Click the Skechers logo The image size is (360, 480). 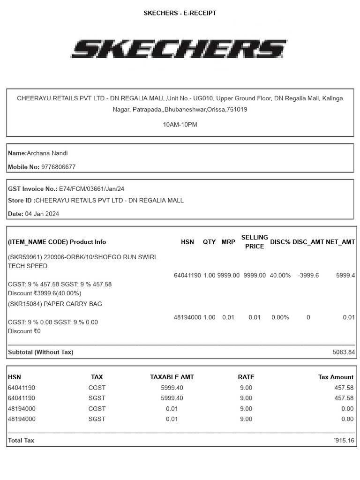[180, 49]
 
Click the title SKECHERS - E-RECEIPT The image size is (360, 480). [180, 13]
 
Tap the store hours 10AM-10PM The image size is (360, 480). [180, 125]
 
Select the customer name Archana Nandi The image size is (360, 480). [47, 153]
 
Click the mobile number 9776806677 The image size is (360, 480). [58, 167]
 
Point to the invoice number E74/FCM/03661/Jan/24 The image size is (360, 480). [91, 189]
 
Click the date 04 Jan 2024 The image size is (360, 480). [42, 214]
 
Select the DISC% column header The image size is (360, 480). [280, 242]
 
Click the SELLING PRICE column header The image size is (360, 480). [255, 242]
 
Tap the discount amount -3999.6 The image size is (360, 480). [308, 275]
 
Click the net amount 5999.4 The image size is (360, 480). [345, 275]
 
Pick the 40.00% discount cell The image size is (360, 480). [280, 275]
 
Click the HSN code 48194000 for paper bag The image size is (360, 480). [187, 317]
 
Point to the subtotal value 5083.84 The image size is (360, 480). [344, 352]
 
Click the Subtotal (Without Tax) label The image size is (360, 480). [41, 352]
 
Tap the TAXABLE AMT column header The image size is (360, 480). [172, 377]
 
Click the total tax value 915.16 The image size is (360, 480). [345, 441]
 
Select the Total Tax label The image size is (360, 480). [21, 441]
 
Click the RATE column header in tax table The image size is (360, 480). [246, 377]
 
